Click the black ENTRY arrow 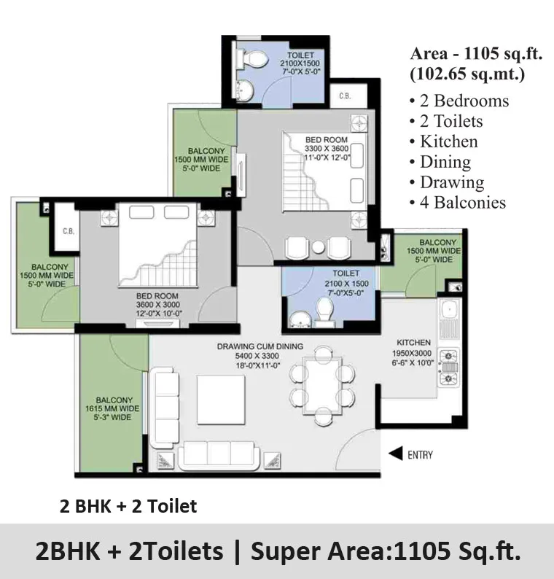point(396,454)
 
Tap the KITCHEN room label point(413,343)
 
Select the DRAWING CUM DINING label point(260,346)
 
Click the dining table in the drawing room point(323,385)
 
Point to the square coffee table point(221,400)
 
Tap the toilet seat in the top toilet point(254,59)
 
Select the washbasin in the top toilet point(243,90)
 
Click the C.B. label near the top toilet point(345,96)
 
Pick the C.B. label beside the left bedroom point(69,231)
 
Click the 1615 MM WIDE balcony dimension point(112,408)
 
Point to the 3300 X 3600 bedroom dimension point(327,149)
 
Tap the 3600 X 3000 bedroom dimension point(158,305)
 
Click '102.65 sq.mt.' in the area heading point(467,74)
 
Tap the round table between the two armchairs point(318,247)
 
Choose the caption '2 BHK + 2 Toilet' point(128,506)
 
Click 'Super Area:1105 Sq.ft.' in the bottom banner point(386,551)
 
